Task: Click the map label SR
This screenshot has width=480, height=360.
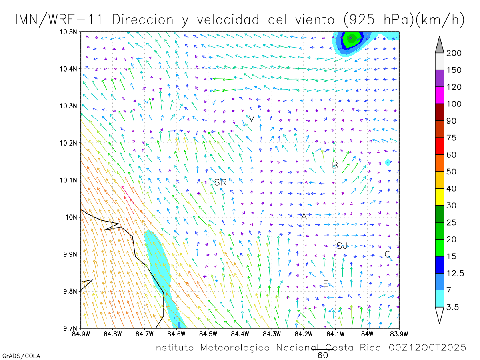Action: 220,182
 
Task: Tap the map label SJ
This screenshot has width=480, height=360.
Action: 342,246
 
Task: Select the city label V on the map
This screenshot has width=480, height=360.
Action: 252,119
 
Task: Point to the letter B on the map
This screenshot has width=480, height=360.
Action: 335,165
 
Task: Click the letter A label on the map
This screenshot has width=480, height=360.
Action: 304,216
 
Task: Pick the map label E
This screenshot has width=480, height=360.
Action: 326,284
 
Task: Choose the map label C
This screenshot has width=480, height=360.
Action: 387,254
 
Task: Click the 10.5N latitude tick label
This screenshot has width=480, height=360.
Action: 69,32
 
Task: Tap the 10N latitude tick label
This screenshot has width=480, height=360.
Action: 72,217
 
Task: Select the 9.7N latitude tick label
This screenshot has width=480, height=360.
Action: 70,328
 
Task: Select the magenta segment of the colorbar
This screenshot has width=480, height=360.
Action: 439,95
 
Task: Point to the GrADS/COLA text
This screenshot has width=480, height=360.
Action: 21,356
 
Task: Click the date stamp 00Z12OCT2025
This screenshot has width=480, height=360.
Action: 428,348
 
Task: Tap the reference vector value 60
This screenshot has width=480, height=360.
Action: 323,355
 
